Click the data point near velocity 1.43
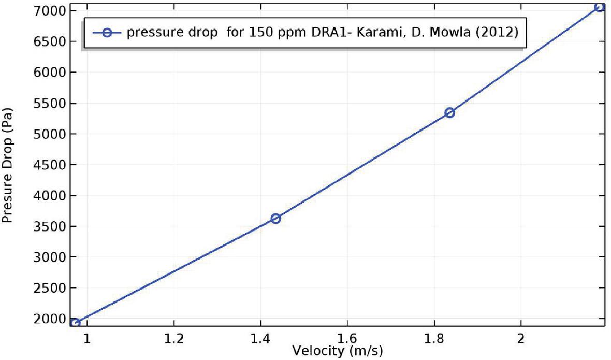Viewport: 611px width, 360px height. tap(275, 219)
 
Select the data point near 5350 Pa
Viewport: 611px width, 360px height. tap(449, 112)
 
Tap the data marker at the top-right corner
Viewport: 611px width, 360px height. tap(599, 7)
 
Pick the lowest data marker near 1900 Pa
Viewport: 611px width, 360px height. tap(75, 323)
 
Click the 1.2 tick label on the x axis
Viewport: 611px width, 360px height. tap(174, 338)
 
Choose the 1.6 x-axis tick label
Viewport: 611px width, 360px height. tap(347, 338)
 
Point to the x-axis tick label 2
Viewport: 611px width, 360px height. tap(521, 338)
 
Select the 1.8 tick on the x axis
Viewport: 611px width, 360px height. tap(434, 338)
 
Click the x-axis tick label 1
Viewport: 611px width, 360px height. tap(88, 338)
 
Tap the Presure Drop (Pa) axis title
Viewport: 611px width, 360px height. tap(8, 164)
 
